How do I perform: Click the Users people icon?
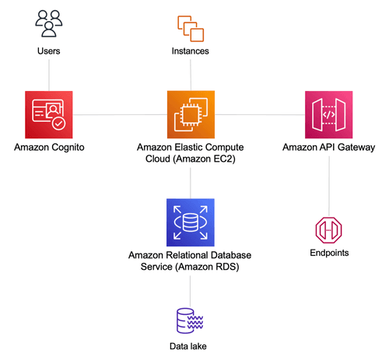pyautogui.click(x=49, y=23)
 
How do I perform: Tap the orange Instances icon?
pyautogui.click(x=191, y=29)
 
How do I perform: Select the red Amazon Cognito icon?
pyautogui.click(x=49, y=114)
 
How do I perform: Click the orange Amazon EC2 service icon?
pyautogui.click(x=191, y=114)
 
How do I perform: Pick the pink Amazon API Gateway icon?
pyautogui.click(x=328, y=114)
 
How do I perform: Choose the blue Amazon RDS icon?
pyautogui.click(x=191, y=222)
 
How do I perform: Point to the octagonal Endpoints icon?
pyautogui.click(x=328, y=230)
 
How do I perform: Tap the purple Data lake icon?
pyautogui.click(x=190, y=320)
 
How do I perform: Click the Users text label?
pyautogui.click(x=49, y=51)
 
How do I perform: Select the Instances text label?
pyautogui.click(x=191, y=51)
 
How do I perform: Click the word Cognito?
pyautogui.click(x=68, y=148)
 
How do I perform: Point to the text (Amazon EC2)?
pyautogui.click(x=204, y=159)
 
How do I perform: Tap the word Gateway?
pyautogui.click(x=356, y=148)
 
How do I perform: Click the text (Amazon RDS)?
pyautogui.click(x=208, y=267)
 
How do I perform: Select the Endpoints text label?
pyautogui.click(x=329, y=253)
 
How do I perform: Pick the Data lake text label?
pyautogui.click(x=188, y=346)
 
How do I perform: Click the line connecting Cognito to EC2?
pyautogui.click(x=120, y=114)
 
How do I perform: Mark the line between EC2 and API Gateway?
pyautogui.click(x=260, y=114)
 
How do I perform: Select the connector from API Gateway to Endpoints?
pyautogui.click(x=329, y=186)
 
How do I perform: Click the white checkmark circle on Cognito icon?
pyautogui.click(x=58, y=124)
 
